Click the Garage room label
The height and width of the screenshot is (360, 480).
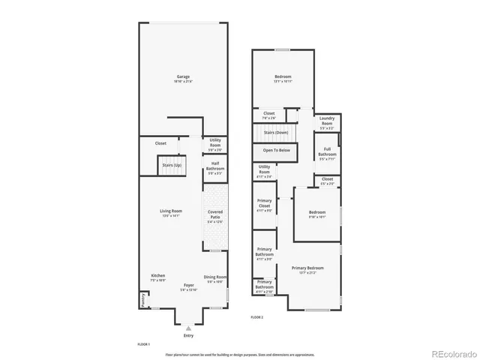(x=182, y=76)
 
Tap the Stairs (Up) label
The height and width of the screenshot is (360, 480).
(x=172, y=164)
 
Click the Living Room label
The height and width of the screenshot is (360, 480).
(x=172, y=211)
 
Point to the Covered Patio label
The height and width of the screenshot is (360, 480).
(x=215, y=214)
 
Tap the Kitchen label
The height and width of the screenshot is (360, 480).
(x=157, y=276)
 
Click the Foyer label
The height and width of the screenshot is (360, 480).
(x=189, y=286)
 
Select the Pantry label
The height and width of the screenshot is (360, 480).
(x=141, y=299)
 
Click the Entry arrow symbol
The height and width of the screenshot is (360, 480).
(x=188, y=328)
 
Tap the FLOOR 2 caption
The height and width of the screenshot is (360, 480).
(x=256, y=317)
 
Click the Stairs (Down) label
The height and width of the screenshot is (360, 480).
(x=276, y=132)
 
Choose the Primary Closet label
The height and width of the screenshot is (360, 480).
(x=264, y=204)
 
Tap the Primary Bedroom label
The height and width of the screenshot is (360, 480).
(x=307, y=268)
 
